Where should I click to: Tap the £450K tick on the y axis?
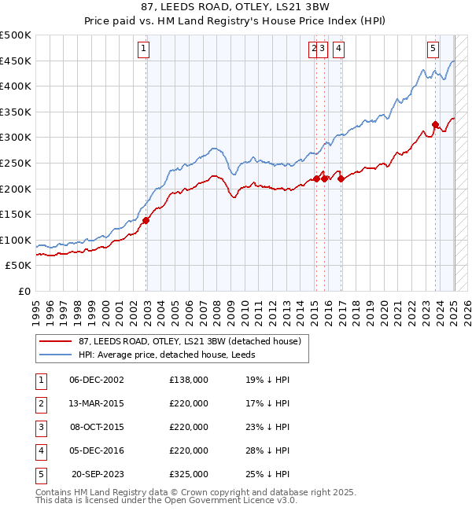tap(15, 61)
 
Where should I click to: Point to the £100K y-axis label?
tap(15, 240)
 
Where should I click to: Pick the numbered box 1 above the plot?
tap(144, 49)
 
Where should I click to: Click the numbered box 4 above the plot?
tap(338, 49)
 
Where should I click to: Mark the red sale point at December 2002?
tap(146, 221)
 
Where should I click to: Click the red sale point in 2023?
tap(435, 124)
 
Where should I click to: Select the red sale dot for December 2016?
tap(341, 178)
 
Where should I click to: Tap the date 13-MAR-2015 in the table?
tap(96, 403)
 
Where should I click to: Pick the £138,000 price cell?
tap(189, 380)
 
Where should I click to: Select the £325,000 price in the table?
tap(189, 474)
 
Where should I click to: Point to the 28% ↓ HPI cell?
tap(267, 450)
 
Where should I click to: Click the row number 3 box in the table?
tap(40, 427)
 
